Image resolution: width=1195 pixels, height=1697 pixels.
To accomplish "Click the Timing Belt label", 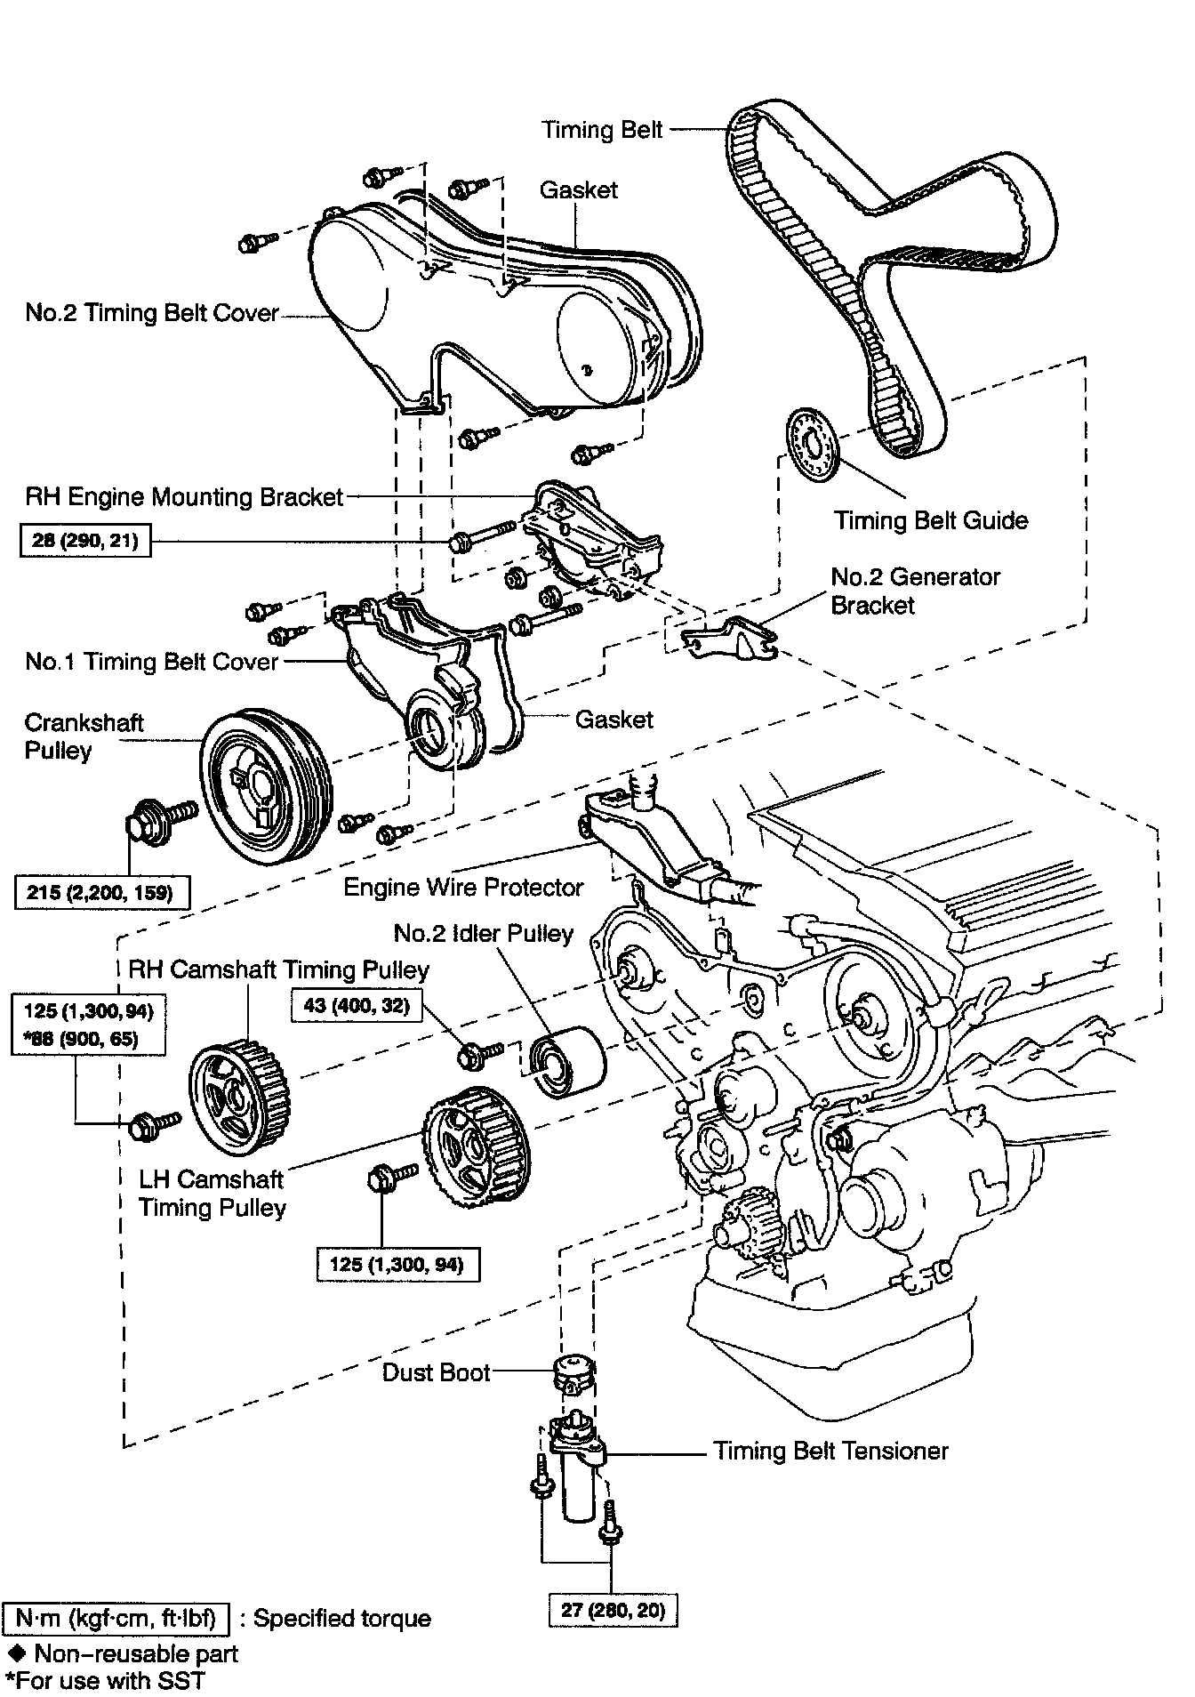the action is (x=603, y=130).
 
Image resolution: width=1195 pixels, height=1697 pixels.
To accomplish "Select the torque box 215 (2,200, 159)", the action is (x=102, y=891).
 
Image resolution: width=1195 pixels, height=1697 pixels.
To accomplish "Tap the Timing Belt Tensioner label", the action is (x=831, y=1452).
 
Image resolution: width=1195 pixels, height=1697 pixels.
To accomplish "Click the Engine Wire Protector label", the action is (x=463, y=887).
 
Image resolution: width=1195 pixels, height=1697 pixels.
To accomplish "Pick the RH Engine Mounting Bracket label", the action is (x=184, y=496).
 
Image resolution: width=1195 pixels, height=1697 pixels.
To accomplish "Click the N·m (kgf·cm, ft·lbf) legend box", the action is (x=116, y=1618).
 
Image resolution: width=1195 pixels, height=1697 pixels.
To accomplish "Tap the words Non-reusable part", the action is (x=136, y=1653).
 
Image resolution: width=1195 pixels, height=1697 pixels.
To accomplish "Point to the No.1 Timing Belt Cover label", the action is (x=152, y=662).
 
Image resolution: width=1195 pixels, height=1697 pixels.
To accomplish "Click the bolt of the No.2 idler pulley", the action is (x=479, y=1055).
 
